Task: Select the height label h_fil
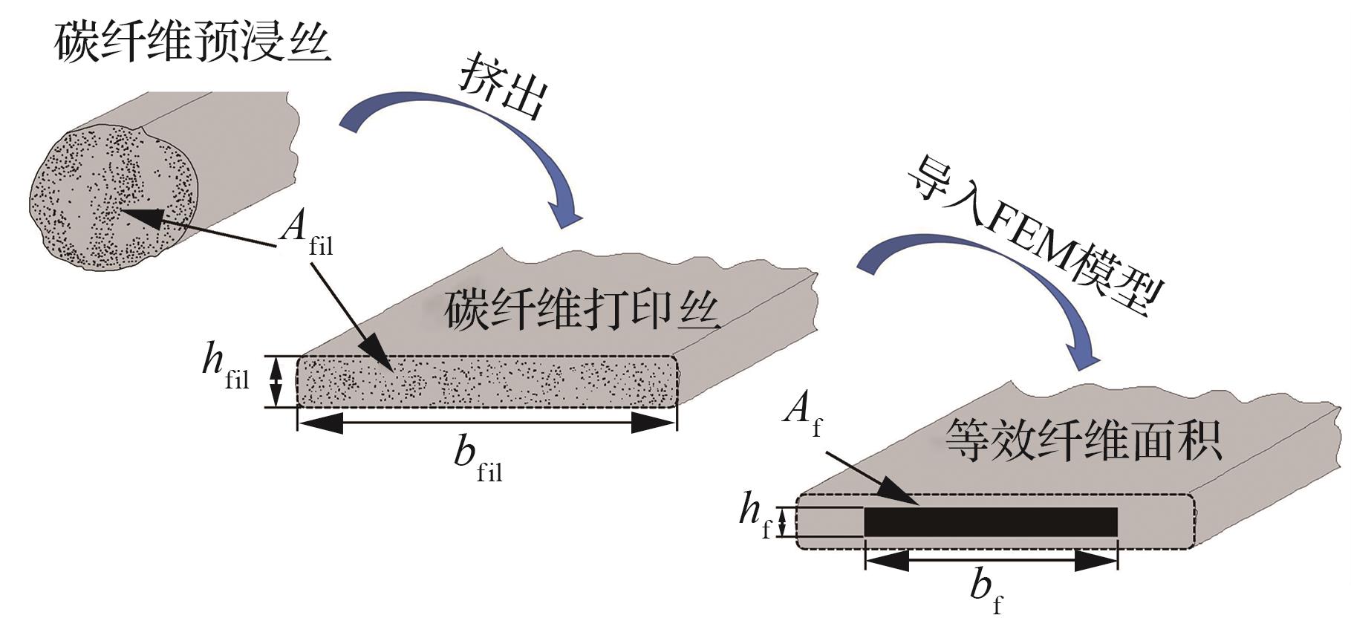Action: [x=226, y=368]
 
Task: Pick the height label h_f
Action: [x=755, y=515]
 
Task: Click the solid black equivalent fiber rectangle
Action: [x=991, y=521]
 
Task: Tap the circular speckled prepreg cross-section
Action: [x=114, y=196]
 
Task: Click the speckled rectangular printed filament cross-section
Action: [x=486, y=381]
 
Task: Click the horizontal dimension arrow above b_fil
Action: [x=486, y=423]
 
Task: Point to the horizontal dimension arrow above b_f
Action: [x=991, y=561]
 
